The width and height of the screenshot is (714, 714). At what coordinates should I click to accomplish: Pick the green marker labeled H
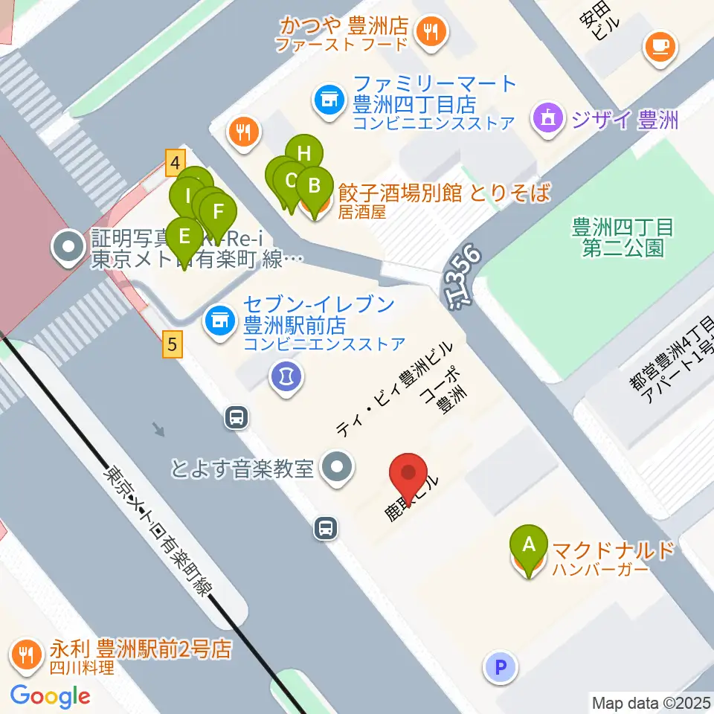304,153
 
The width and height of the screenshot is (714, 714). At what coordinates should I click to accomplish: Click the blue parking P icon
501,666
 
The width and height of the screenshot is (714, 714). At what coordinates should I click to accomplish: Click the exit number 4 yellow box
175,162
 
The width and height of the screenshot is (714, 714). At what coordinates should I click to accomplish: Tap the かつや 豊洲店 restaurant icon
431,32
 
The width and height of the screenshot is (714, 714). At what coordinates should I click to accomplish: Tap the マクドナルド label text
614,551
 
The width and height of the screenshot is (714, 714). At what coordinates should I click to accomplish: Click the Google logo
50,696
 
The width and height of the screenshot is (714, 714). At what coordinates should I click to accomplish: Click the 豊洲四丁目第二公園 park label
623,237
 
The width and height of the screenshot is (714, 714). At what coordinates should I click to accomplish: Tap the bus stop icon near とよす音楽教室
326,528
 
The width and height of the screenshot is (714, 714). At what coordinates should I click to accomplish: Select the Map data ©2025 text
651,702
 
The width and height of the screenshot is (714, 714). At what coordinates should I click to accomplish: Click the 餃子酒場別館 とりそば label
443,193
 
